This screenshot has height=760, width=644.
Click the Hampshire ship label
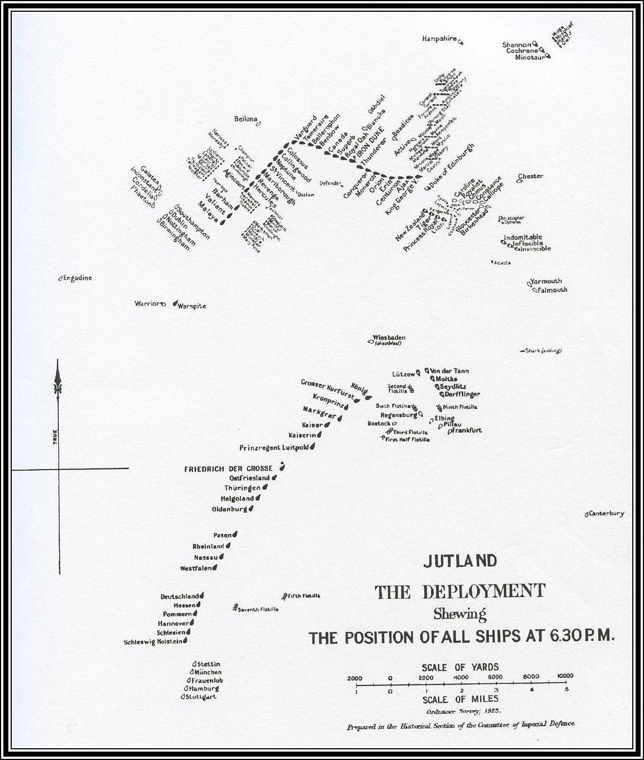coord(439,39)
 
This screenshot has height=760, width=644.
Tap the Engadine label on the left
coord(77,278)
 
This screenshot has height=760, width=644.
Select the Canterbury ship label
coord(606,513)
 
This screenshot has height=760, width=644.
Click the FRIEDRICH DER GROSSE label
coord(228,468)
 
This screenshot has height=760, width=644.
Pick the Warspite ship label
coord(191,306)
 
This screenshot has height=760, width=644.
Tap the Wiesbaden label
coord(389,338)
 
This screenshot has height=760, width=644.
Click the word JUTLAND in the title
coord(460,561)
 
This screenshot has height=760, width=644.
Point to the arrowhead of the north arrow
coord(59,369)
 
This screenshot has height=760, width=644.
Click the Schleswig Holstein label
coord(153,642)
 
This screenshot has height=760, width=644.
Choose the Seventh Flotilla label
coord(257,609)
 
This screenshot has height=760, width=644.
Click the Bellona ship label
coord(246,119)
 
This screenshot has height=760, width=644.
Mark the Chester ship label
coord(531,176)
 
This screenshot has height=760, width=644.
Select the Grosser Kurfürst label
coord(327,389)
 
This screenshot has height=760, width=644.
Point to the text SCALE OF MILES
coord(460,700)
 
